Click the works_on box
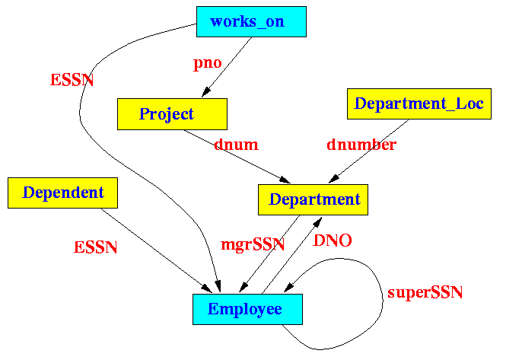click(251, 21)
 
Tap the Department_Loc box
click(419, 103)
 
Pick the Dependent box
click(63, 193)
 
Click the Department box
click(314, 199)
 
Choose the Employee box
click(247, 309)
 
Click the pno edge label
click(207, 63)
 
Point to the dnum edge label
click(236, 144)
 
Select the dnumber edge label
click(361, 144)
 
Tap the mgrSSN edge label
click(253, 245)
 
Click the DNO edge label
click(333, 241)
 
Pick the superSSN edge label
click(425, 292)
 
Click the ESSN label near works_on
click(72, 80)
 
